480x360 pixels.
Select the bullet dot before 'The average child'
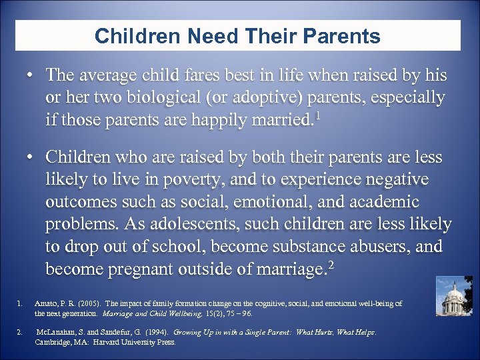point(31,76)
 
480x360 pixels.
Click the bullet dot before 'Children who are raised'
point(31,157)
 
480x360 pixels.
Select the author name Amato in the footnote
point(45,303)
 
